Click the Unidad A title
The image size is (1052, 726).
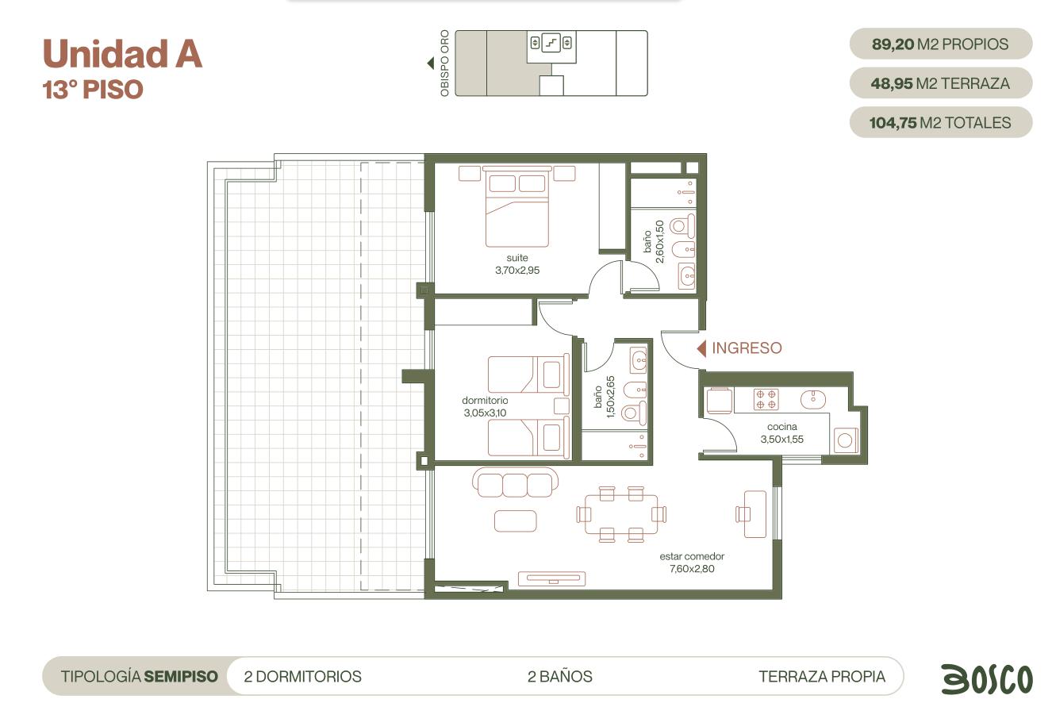tap(122, 53)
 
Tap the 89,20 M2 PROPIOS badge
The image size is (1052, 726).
tap(941, 44)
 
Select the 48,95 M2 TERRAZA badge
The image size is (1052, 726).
tap(941, 83)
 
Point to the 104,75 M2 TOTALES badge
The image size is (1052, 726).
tap(941, 122)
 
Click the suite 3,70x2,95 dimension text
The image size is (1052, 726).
tap(517, 271)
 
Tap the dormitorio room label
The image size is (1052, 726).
tap(485, 401)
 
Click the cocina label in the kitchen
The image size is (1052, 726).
tap(782, 427)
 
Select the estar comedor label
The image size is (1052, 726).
tap(692, 556)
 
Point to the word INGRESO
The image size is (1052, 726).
tap(747, 348)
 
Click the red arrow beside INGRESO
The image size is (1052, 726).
tap(701, 348)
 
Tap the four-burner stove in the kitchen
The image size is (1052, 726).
tap(766, 399)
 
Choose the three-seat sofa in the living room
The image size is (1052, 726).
tap(515, 482)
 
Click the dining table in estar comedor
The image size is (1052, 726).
tap(621, 514)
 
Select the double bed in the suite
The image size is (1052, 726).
tap(517, 206)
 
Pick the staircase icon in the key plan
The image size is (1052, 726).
tap(551, 43)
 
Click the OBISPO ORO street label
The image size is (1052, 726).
tap(444, 63)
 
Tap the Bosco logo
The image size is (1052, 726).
tap(987, 678)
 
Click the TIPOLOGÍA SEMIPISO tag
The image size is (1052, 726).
tap(139, 676)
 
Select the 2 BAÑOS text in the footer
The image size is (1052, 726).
tap(560, 676)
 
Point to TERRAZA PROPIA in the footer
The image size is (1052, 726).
tap(822, 676)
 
